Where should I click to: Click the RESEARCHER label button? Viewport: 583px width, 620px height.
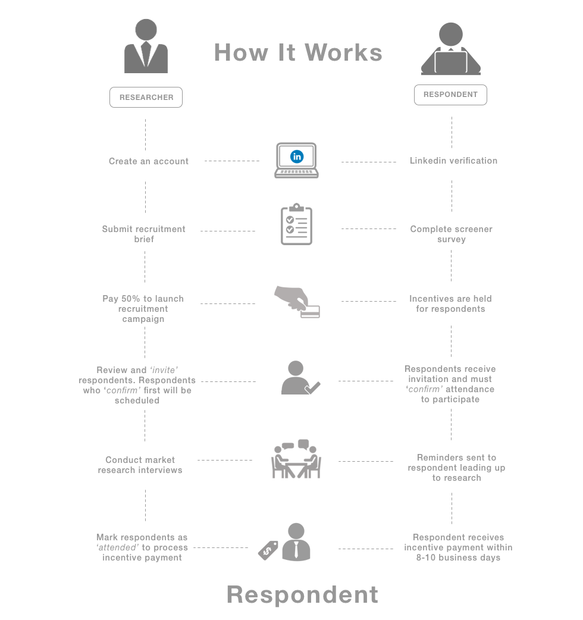(x=146, y=97)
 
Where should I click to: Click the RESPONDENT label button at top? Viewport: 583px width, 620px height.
(x=450, y=95)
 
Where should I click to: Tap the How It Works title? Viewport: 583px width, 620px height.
(x=298, y=52)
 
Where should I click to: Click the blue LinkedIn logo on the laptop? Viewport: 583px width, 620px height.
(x=296, y=156)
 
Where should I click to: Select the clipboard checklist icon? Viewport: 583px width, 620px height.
(x=296, y=225)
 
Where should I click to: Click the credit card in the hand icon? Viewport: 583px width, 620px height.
(x=310, y=311)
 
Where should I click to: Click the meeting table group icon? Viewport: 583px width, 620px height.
(x=296, y=459)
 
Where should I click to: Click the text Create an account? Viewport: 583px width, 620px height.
(x=149, y=161)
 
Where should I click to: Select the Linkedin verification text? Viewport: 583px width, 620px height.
(x=453, y=161)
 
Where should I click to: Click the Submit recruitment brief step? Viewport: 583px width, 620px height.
(x=144, y=234)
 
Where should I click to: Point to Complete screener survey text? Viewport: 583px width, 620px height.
(x=451, y=234)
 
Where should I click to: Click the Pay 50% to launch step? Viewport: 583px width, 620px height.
(x=143, y=308)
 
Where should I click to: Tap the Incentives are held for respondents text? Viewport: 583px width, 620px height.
(x=450, y=303)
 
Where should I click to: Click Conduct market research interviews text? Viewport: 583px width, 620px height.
(x=140, y=465)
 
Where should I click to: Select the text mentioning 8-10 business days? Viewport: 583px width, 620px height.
(x=458, y=547)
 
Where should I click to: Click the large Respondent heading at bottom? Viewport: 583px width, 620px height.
(x=302, y=594)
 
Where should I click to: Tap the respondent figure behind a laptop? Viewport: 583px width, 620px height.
(x=450, y=50)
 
